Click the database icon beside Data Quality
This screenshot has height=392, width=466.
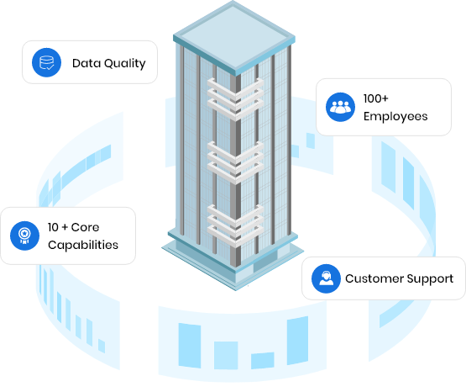point(46,62)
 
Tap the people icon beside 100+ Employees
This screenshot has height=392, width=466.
point(339,107)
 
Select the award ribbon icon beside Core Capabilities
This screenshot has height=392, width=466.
point(24,236)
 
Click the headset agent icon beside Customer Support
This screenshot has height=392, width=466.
point(325,278)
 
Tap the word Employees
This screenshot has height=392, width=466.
point(395,116)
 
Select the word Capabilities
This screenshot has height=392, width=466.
point(82,245)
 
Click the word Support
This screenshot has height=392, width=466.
point(430,278)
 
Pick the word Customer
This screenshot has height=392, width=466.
point(374,278)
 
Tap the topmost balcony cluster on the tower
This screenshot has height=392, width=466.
point(232,97)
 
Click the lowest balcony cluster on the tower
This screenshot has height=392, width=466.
point(232,220)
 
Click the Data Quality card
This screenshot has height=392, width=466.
point(89,62)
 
